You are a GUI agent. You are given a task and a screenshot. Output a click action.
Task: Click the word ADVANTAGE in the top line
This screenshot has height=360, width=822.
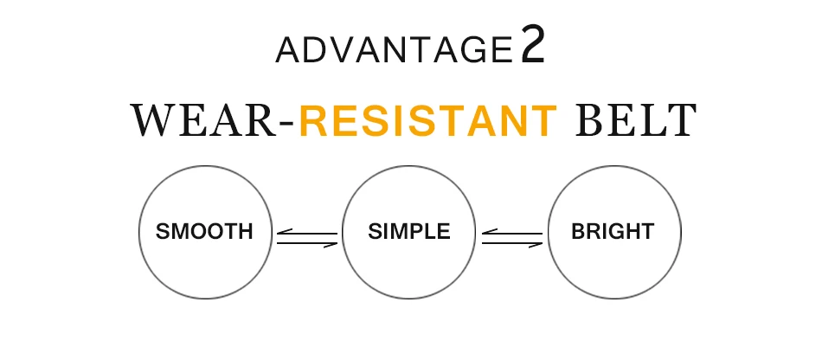point(394,50)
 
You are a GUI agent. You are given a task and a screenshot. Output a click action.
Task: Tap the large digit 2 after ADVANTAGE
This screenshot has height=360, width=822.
point(533,46)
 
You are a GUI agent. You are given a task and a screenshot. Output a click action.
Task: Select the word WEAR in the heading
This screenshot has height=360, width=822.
point(203,120)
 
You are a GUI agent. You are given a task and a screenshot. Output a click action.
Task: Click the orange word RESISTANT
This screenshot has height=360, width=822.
point(428,120)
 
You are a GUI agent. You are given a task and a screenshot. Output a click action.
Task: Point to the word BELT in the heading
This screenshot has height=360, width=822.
point(637,120)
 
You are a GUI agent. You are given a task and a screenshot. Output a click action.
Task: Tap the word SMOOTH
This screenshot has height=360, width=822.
point(204,231)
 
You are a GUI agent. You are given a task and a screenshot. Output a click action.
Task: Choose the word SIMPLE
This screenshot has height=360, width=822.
point(409,231)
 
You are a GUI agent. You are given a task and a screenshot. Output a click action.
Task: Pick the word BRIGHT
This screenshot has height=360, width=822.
point(613,231)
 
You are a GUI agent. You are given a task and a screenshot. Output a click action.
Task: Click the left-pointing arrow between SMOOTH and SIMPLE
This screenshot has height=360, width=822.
point(307,233)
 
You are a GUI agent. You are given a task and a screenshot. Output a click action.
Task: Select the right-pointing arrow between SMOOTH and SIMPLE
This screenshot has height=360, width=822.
point(307,244)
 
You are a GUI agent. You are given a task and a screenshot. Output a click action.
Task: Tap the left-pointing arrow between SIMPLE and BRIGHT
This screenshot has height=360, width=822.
point(512,233)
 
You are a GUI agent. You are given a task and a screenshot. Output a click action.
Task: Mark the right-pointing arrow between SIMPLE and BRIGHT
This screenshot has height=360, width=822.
point(512,244)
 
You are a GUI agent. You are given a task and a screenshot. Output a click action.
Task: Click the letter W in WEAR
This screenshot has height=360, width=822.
point(154,120)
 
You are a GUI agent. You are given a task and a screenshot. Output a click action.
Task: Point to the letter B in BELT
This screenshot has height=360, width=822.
point(589,120)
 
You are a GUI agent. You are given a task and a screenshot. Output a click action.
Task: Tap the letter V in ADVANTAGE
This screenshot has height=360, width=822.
point(342,50)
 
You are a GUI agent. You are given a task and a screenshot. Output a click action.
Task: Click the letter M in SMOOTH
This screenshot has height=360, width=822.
point(180,231)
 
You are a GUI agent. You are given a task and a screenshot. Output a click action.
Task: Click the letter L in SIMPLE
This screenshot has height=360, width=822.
point(430,231)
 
